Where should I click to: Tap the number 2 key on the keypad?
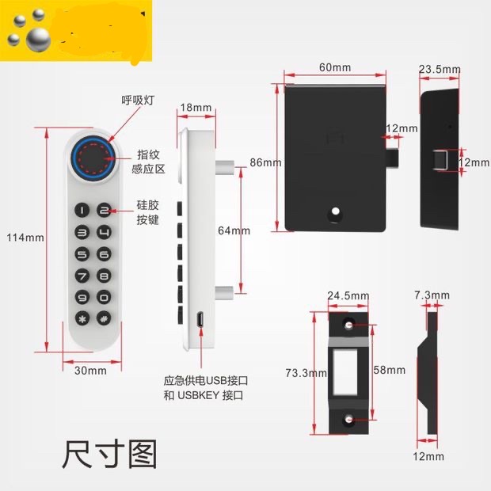pos(103,211)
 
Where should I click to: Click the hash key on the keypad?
pos(103,320)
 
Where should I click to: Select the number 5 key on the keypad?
pos(82,255)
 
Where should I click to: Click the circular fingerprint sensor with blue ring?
pos(93,158)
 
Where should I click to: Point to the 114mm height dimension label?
pos(24,238)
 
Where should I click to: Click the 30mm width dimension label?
pos(90,371)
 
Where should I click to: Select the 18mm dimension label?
pos(196,108)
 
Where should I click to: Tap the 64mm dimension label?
pos(234,231)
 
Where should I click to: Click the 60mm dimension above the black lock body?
pos(335,67)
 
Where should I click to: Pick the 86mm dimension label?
pos(265,162)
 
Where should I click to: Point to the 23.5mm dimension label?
pos(440,70)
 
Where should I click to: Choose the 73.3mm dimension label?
pos(306,372)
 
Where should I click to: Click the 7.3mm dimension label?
pos(432,295)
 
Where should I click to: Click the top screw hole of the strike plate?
pos(349,326)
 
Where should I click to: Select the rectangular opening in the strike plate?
pos(348,371)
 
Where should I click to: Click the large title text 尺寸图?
pos(109,455)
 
